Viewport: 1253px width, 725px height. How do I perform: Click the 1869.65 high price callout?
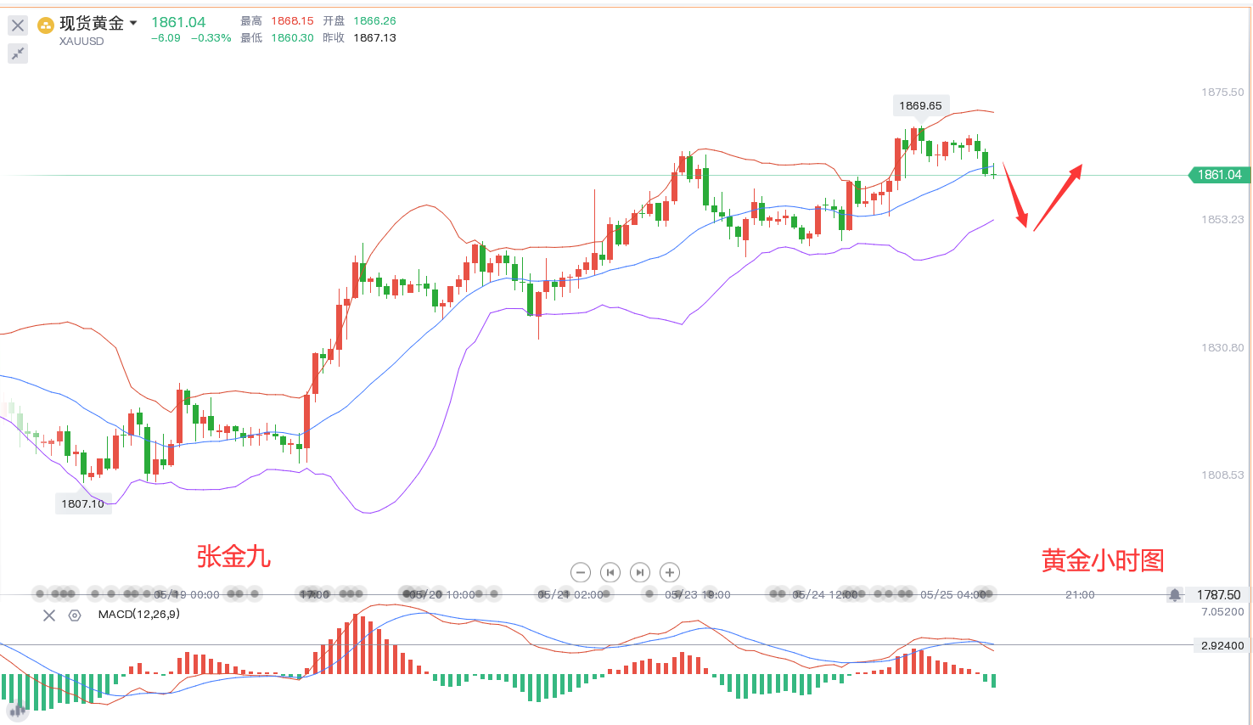pyautogui.click(x=920, y=106)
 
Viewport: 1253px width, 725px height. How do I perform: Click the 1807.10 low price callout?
pyautogui.click(x=82, y=503)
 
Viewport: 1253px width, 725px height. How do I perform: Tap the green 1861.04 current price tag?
pyautogui.click(x=1219, y=175)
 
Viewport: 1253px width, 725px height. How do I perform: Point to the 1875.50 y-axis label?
pyautogui.click(x=1222, y=92)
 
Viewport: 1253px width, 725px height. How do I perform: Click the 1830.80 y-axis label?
pyautogui.click(x=1222, y=347)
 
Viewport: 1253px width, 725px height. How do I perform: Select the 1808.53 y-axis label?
pyautogui.click(x=1222, y=475)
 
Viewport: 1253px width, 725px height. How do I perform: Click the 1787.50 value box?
pyautogui.click(x=1218, y=595)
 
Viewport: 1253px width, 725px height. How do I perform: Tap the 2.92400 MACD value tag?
pyautogui.click(x=1222, y=646)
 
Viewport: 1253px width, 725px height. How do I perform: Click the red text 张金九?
pyautogui.click(x=233, y=557)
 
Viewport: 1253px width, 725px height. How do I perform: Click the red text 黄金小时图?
pyautogui.click(x=1103, y=560)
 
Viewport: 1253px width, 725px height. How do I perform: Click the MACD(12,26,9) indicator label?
pyautogui.click(x=138, y=614)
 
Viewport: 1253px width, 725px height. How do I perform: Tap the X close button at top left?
pyautogui.click(x=17, y=25)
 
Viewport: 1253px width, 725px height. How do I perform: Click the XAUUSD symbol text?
pyautogui.click(x=81, y=41)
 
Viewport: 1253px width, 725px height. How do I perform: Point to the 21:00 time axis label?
pyautogui.click(x=1080, y=595)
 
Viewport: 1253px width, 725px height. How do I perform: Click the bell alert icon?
pyautogui.click(x=1174, y=595)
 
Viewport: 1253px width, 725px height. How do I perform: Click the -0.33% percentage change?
pyautogui.click(x=211, y=38)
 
